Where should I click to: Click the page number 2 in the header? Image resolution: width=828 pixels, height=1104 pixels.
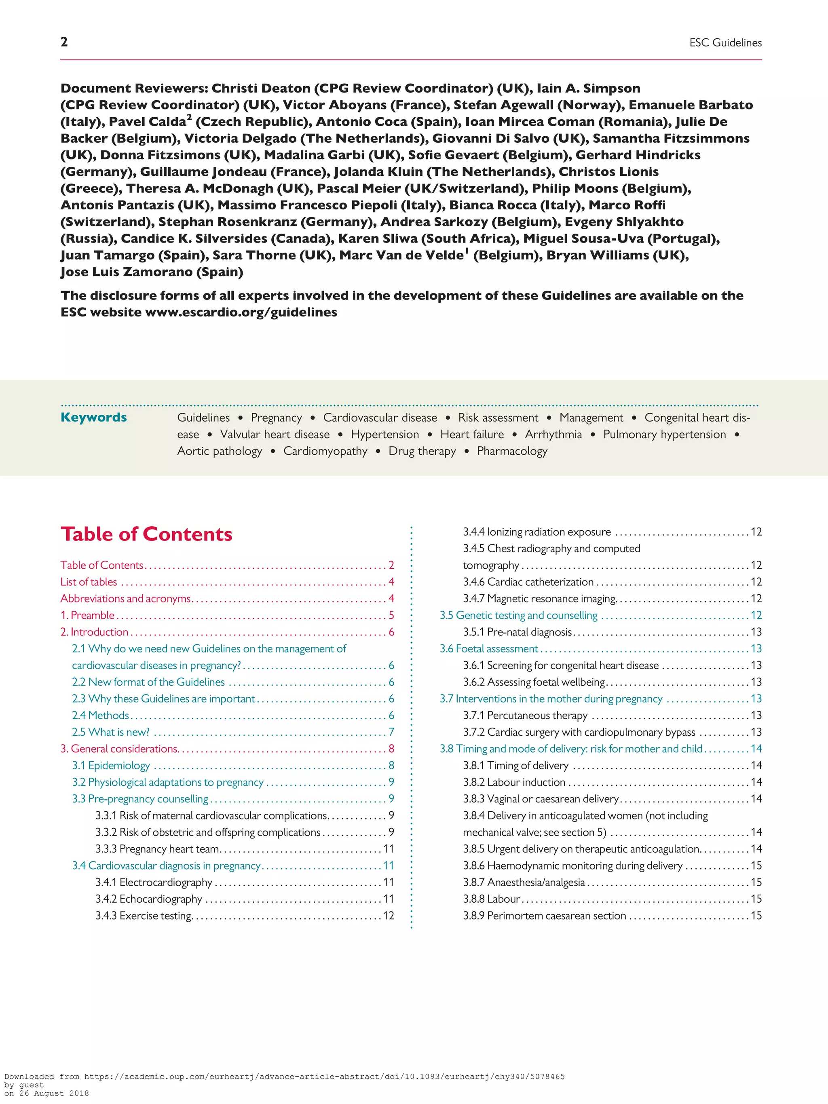[x=64, y=42]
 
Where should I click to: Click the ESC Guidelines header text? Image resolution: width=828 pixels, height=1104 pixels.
[x=725, y=43]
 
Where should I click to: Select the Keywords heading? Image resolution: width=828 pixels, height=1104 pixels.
[x=93, y=417]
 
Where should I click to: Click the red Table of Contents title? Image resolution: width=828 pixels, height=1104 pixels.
[x=146, y=534]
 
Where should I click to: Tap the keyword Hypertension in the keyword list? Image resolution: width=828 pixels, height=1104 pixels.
[x=385, y=434]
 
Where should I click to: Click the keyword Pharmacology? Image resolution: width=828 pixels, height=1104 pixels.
[x=512, y=451]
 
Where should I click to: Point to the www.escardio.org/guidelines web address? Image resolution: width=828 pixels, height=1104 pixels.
[x=241, y=312]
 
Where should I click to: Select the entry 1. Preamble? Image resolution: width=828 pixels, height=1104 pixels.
[x=88, y=615]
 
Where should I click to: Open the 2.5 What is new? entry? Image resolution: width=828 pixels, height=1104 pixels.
[x=111, y=732]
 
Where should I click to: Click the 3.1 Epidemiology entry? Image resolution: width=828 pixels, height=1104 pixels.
[x=111, y=766]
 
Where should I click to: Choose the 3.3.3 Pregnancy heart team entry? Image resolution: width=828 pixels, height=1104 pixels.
[x=157, y=849]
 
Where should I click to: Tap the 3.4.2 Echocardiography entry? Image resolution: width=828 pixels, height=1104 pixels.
[x=149, y=899]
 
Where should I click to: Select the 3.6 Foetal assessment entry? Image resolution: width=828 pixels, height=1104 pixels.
[x=489, y=649]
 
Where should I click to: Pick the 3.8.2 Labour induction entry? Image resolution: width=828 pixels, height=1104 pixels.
[x=514, y=782]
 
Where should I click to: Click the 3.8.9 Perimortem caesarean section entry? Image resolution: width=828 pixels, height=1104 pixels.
[x=544, y=916]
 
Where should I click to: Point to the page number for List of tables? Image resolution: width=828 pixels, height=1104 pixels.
[x=391, y=582]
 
